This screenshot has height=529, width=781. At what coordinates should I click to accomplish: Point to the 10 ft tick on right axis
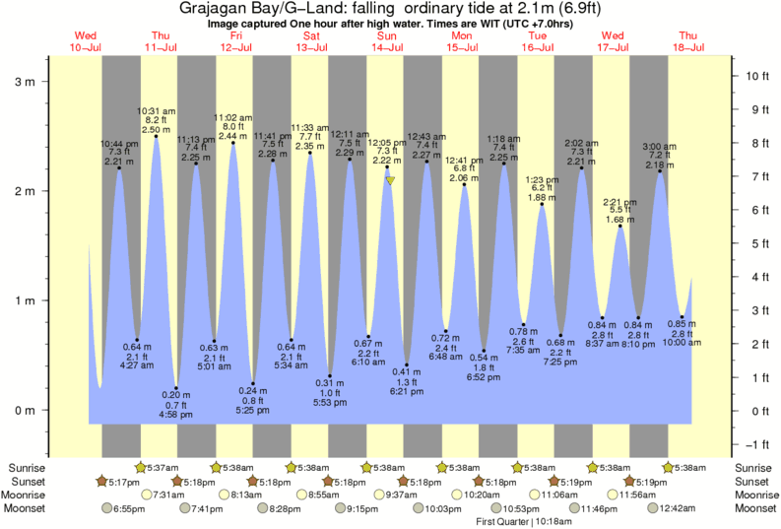[750, 76]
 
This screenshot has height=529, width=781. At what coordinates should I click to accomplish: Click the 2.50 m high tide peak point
[157, 136]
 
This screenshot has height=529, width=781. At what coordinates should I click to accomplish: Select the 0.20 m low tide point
[176, 388]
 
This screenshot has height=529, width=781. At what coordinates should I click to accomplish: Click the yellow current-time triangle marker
[391, 181]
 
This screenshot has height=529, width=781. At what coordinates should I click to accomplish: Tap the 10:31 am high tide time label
[156, 109]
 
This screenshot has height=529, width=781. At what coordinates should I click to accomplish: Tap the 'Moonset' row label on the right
[755, 508]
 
